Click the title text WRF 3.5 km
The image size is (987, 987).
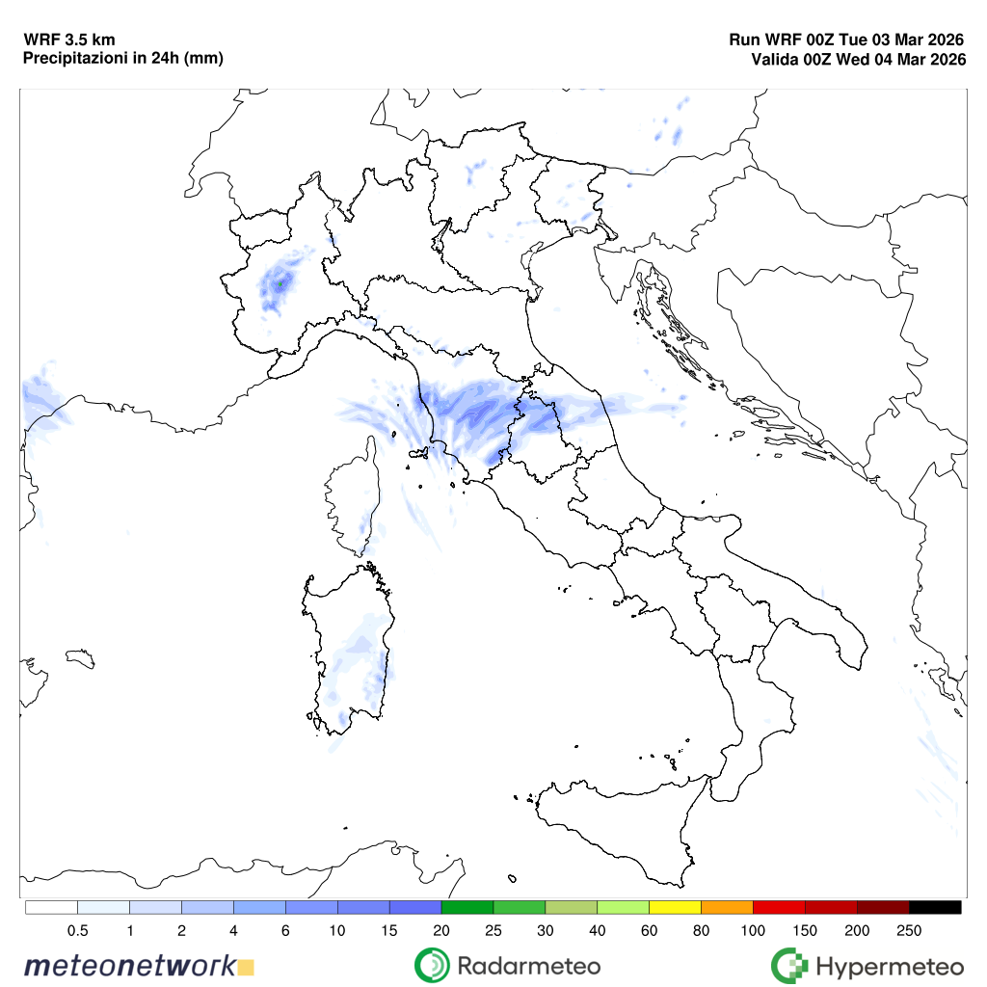(69, 40)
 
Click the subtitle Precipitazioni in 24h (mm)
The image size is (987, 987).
(122, 59)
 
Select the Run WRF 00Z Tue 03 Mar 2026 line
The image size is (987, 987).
(847, 40)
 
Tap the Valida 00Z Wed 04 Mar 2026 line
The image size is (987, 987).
(859, 60)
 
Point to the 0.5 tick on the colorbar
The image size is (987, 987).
(78, 930)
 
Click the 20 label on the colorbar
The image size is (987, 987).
(441, 930)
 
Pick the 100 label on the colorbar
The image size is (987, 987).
(753, 930)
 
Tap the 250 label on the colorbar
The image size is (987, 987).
(909, 930)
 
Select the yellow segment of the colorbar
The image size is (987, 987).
(675, 907)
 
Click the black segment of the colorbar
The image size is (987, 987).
(935, 907)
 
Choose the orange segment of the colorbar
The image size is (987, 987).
(727, 907)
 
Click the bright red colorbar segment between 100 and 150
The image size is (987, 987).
(779, 907)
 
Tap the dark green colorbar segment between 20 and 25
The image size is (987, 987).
(467, 907)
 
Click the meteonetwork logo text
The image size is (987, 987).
(130, 965)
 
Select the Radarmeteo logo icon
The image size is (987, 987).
(432, 965)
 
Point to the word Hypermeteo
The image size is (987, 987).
(889, 965)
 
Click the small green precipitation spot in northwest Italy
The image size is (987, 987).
(280, 284)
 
